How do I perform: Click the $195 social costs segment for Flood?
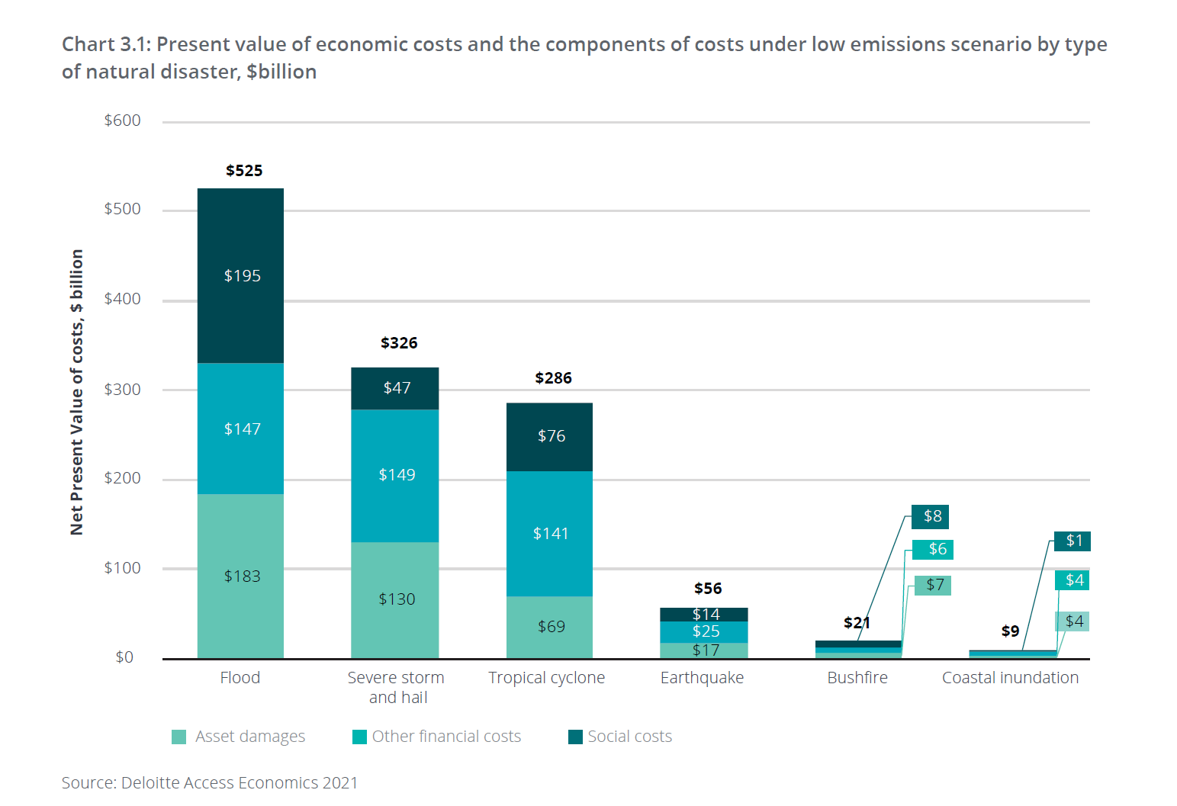[240, 275]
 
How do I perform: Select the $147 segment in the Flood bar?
[240, 429]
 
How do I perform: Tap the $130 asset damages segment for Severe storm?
[394, 599]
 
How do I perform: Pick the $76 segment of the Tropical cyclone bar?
[549, 436]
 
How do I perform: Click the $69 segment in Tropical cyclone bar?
[549, 627]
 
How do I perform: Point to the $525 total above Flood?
[244, 171]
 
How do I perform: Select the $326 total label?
[399, 343]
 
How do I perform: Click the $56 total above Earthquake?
[708, 589]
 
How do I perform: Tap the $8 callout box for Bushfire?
[930, 516]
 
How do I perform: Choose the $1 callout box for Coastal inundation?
[1072, 541]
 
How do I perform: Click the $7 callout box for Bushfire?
[933, 585]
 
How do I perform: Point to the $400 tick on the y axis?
[123, 299]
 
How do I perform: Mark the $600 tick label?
[123, 120]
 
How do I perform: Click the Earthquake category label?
[702, 678]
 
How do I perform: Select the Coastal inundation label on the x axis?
[1010, 678]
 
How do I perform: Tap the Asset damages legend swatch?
[179, 737]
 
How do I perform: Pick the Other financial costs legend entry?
[437, 737]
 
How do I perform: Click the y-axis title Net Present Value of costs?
[76, 392]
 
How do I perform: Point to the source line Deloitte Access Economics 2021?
[210, 783]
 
